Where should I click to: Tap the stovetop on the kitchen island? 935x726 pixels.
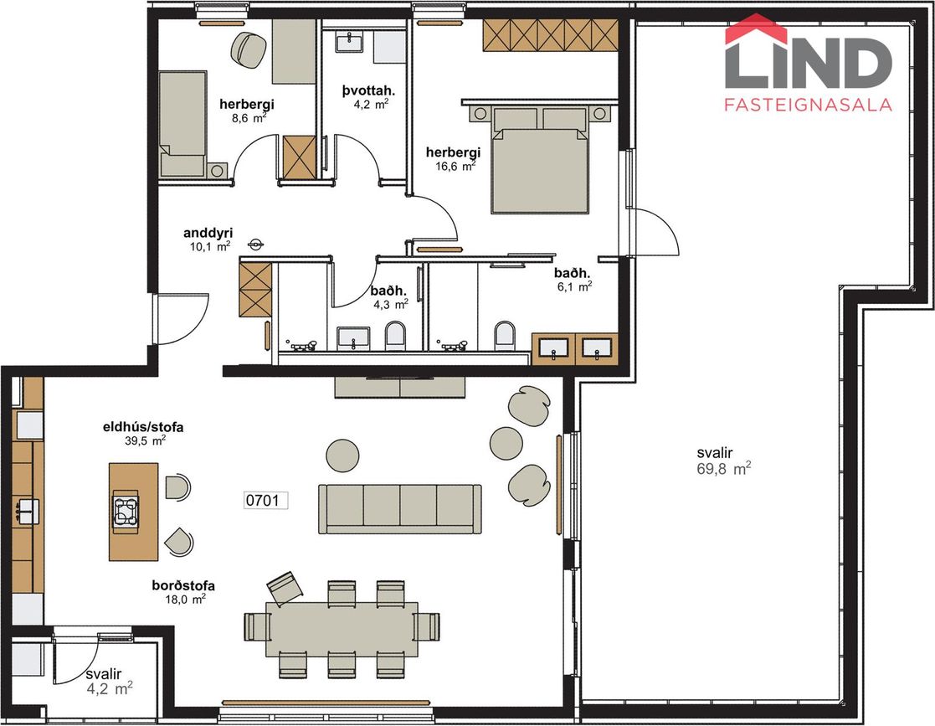pos(126,511)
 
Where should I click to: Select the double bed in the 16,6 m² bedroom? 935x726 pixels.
pos(540,160)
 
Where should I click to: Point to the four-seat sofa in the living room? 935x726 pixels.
pos(399,508)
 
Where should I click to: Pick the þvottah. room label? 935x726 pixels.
pos(368,90)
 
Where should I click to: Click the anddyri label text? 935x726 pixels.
pos(208,233)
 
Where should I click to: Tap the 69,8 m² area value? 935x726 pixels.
pos(723,468)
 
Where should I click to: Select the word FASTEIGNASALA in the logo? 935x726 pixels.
pos(808,105)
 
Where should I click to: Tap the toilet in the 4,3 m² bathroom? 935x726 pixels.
pos(395,335)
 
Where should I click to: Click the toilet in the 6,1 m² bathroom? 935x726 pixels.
pos(505,335)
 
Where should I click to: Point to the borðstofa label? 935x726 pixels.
pos(183,586)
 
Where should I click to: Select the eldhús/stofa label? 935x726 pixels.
pos(143,427)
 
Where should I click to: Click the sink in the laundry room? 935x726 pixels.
pos(351,42)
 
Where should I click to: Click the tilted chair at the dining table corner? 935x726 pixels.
pos(285,588)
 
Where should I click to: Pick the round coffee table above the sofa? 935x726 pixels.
pos(343,456)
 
